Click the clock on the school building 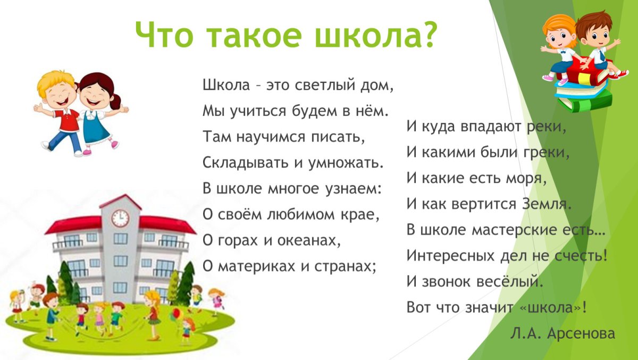pyautogui.click(x=120, y=218)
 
